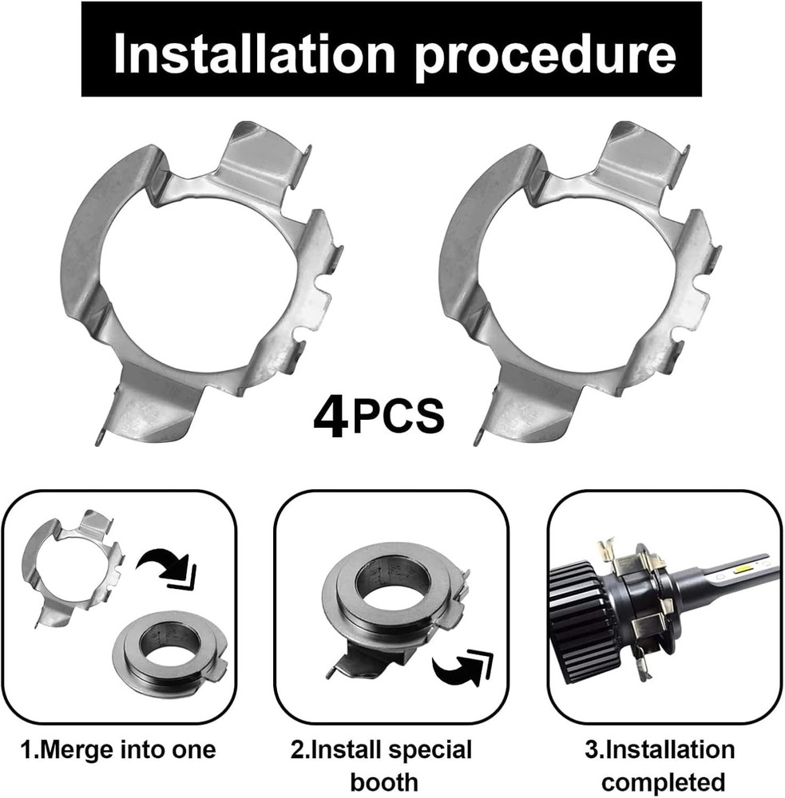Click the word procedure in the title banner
point(546,53)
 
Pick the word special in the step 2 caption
point(428,750)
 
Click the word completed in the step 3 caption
point(664,781)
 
